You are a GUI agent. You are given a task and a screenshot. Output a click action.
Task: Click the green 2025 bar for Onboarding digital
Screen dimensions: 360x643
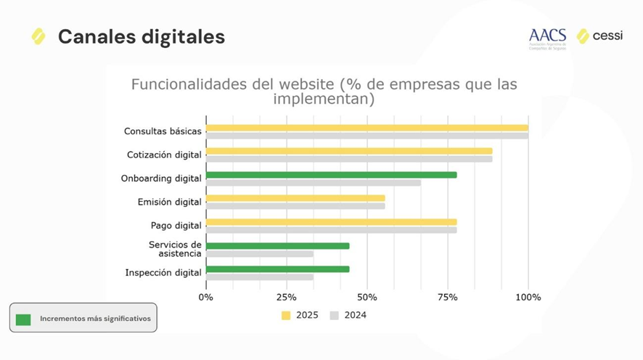[x=331, y=175]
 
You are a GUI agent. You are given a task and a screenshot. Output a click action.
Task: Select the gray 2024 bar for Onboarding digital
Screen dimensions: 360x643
[x=313, y=183]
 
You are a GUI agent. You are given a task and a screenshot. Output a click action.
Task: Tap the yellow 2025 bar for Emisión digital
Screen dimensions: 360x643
[x=295, y=198]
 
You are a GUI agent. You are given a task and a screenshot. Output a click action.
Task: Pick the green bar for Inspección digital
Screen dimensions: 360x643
[x=277, y=269]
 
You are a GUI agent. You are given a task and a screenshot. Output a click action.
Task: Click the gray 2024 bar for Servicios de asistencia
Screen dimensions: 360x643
[x=260, y=254]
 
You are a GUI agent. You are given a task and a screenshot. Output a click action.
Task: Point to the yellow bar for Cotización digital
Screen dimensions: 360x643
[x=349, y=152]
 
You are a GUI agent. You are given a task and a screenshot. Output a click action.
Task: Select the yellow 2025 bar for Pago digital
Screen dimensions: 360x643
[x=331, y=222]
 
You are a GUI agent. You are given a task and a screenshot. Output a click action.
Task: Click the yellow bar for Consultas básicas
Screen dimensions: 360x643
[x=366, y=128]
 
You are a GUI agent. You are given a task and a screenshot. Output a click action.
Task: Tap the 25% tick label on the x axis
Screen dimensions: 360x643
[x=287, y=297]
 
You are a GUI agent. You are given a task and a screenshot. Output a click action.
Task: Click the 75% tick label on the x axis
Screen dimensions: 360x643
[x=448, y=297]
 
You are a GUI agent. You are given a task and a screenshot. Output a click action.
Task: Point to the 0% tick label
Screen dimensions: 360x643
[x=206, y=297]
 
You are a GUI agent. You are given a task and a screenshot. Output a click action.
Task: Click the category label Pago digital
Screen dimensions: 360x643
[x=176, y=226]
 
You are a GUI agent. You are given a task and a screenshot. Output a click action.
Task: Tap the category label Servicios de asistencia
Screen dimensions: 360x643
[x=175, y=249]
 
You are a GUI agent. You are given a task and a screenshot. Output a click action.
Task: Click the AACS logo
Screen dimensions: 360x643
[x=547, y=37]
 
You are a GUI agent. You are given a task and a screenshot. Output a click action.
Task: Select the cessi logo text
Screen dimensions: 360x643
[x=607, y=36]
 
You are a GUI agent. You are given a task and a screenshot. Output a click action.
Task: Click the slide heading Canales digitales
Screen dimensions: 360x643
[x=141, y=36]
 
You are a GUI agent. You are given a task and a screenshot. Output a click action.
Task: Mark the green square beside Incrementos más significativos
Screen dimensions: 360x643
[x=23, y=319]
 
